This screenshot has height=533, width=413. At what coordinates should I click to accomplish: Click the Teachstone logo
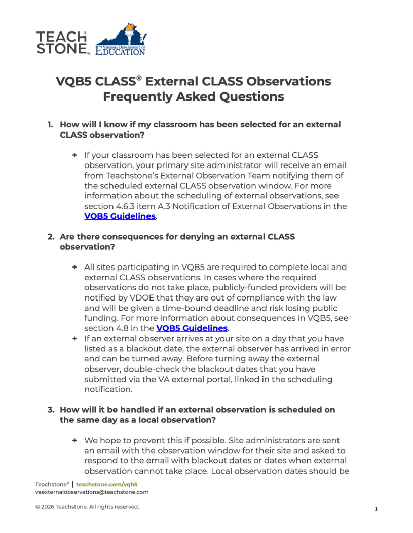coord(62,43)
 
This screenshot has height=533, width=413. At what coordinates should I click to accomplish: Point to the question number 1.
coord(50,124)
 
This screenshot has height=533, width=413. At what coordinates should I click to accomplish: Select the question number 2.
coord(51,237)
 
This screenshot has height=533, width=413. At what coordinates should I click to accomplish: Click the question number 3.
coord(51,409)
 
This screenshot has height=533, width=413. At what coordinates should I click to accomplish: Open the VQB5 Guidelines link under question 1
coord(120,216)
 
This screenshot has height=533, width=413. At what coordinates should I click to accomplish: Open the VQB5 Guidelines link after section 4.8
coord(192,328)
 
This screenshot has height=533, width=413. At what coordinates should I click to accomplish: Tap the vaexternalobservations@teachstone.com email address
coord(92,492)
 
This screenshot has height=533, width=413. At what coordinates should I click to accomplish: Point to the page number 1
coord(376,509)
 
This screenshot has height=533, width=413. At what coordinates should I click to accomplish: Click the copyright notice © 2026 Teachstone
coord(87,507)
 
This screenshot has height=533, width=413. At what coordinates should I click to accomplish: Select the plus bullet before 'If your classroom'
coord(74,155)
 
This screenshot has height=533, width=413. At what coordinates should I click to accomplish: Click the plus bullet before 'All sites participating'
coord(74,267)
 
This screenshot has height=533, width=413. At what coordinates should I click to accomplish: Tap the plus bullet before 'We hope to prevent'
coord(74,440)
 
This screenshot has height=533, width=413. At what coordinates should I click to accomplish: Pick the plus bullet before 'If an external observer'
coord(74,338)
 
